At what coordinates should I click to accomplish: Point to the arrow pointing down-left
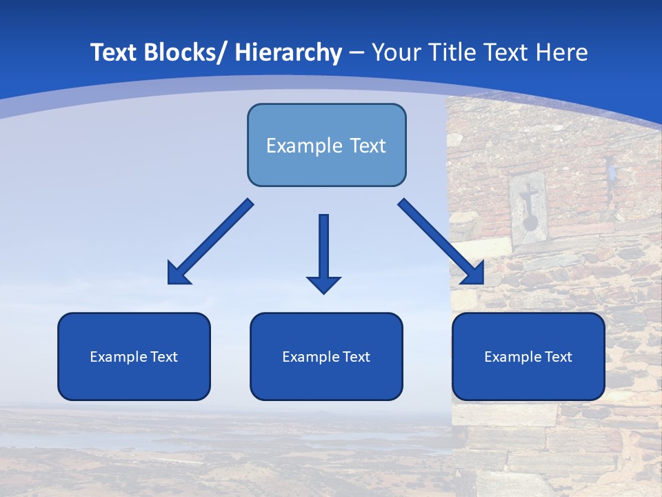[x=210, y=242]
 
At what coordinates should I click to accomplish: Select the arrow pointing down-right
[x=441, y=242]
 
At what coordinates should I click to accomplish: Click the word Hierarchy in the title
[x=288, y=53]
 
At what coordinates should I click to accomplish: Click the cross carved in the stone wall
[x=528, y=200]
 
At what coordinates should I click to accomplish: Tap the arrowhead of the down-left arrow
[x=178, y=274]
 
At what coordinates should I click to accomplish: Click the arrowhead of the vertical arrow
[x=323, y=284]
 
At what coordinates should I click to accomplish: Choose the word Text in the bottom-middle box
[x=356, y=357]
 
